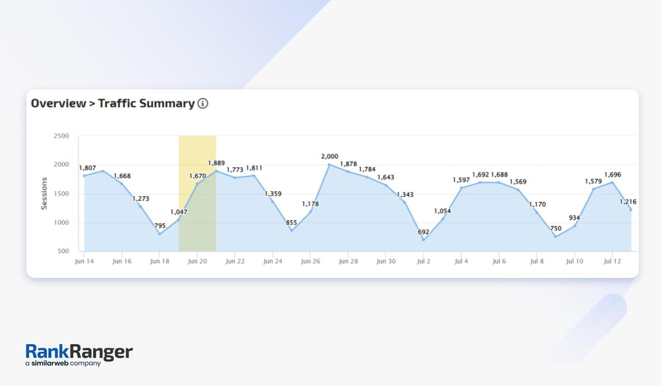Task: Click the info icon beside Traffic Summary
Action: [203, 103]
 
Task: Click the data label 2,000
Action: [329, 157]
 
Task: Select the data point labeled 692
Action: [424, 239]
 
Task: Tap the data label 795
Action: [159, 226]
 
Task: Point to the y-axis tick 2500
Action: [61, 136]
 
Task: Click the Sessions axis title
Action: [45, 193]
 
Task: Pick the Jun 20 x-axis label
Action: [197, 261]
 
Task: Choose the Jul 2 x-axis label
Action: [424, 261]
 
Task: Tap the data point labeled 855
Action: [291, 230]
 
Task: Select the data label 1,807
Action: [87, 168]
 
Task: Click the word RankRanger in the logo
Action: [79, 352]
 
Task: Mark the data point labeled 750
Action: [556, 236]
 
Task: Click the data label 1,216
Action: [628, 202]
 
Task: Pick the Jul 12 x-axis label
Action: [612, 261]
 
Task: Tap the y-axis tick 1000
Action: [61, 223]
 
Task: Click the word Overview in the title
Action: [58, 103]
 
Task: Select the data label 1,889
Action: [216, 163]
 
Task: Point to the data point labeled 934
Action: [574, 226]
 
